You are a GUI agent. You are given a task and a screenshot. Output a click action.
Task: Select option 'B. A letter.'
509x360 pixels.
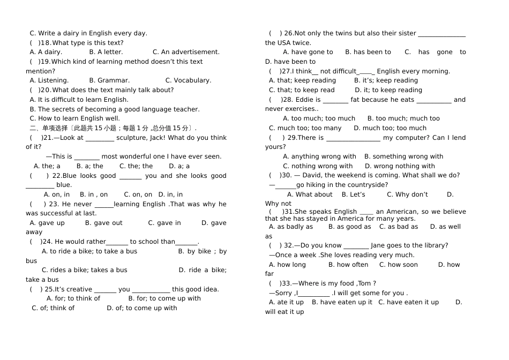(106, 52)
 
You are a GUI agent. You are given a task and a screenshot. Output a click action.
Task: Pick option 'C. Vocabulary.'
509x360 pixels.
(188, 80)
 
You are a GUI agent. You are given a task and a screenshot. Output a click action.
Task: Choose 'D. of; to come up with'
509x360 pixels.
(142, 308)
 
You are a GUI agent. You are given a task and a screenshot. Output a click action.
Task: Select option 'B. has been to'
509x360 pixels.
(368, 52)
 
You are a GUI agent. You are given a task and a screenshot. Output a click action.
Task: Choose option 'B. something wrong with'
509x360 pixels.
(404, 156)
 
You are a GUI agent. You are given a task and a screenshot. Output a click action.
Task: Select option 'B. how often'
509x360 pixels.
(348, 265)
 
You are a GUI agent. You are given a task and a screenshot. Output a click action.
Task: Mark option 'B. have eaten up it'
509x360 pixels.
(342, 302)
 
